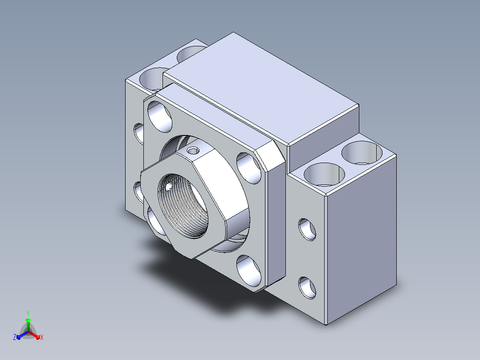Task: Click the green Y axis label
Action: point(28,313)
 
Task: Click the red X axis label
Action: point(42,337)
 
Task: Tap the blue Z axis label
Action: point(15,337)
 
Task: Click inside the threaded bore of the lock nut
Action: point(183,206)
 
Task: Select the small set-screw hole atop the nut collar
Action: point(193,151)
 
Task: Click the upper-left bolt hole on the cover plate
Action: point(159,117)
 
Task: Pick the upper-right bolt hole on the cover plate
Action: point(248,168)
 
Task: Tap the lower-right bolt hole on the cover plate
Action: point(248,271)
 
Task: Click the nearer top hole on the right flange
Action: point(324,174)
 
